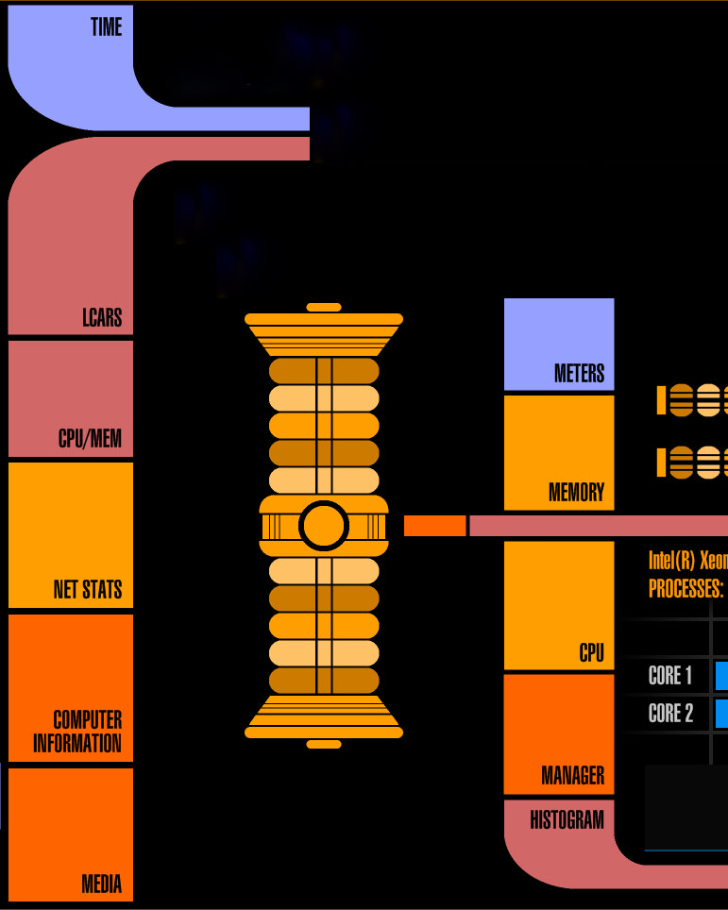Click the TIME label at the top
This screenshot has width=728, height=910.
(106, 26)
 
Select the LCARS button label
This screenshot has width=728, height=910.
(101, 316)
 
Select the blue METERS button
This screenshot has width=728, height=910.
(559, 345)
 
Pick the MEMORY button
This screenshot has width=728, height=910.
(559, 453)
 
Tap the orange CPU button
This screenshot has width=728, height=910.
(559, 605)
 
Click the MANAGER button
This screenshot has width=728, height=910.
(559, 734)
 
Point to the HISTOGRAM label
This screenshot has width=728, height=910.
(567, 820)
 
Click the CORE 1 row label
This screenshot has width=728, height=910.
(670, 676)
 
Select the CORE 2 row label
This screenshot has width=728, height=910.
(670, 713)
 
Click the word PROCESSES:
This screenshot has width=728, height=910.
(686, 589)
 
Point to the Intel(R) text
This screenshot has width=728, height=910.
(671, 560)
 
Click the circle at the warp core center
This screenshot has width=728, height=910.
(324, 526)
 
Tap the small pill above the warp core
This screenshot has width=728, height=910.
(324, 308)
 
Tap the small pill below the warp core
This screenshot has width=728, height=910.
(324, 744)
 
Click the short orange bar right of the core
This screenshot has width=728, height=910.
(434, 526)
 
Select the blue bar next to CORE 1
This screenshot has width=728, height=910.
(721, 676)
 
